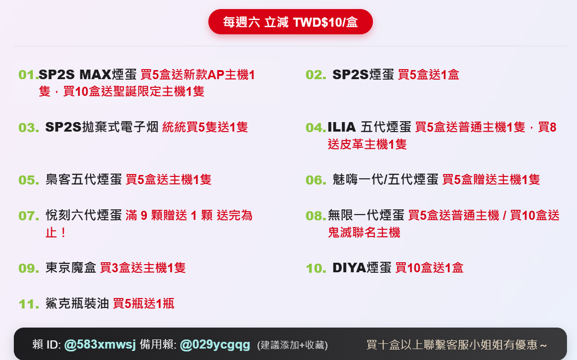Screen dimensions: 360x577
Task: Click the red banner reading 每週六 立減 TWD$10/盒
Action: pos(290,22)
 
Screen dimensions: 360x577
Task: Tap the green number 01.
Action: pos(28,75)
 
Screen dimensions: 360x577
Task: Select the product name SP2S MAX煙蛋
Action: pos(88,75)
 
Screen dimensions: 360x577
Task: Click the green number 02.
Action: pos(316,75)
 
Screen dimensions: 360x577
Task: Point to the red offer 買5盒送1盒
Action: pos(428,75)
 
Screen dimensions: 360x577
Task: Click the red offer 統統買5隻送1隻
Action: pos(205,127)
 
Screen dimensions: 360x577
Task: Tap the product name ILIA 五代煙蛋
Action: pos(369,127)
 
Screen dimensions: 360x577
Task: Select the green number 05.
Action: pos(29,180)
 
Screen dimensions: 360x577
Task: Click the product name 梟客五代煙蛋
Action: pos(84,180)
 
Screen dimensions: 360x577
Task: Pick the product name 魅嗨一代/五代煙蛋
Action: pos(385,180)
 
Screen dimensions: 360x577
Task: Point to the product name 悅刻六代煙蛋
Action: pos(84,216)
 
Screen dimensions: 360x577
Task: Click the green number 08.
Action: pos(316,216)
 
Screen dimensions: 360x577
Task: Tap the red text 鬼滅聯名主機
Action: pos(364,233)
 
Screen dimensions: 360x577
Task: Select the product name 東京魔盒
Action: pos(71,268)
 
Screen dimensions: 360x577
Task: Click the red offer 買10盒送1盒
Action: pos(429,268)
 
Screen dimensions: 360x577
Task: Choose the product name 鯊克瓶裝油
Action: pos(77,304)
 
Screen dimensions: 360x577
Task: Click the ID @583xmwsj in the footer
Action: pos(100,344)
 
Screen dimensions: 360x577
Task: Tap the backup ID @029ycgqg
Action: pos(215,344)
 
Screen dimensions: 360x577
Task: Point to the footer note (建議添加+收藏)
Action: pos(292,345)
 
